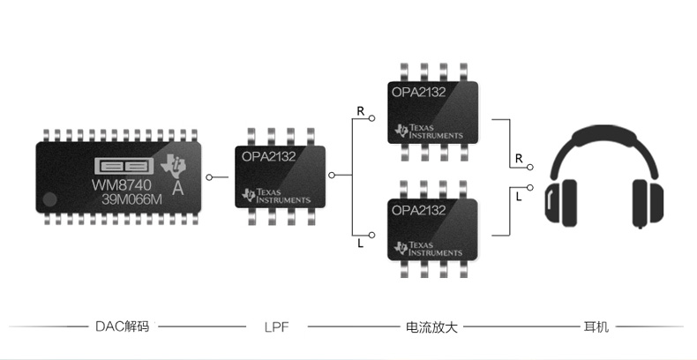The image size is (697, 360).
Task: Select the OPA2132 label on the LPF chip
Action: click(269, 157)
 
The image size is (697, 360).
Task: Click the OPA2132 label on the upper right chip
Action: click(418, 91)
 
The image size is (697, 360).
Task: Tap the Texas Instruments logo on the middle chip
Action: click(276, 196)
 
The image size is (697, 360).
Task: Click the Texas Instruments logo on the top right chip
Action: click(430, 131)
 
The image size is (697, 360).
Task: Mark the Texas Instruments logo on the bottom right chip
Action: click(430, 249)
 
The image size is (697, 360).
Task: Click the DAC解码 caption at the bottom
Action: click(122, 326)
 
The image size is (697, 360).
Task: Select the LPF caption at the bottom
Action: click(276, 326)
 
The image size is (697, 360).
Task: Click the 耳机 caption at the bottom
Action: click(596, 326)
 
